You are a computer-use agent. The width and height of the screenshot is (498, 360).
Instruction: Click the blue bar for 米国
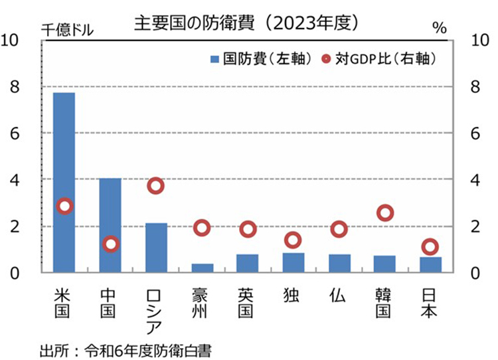[x=64, y=183]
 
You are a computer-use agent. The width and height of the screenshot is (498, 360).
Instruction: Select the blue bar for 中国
[x=110, y=226]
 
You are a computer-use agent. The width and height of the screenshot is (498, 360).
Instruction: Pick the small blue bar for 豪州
[x=202, y=268]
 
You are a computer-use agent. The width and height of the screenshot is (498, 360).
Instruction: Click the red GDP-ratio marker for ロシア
[x=156, y=186]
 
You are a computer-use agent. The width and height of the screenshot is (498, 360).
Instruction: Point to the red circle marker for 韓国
[x=385, y=213]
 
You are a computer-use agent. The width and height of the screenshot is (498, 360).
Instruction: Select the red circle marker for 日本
[x=430, y=246]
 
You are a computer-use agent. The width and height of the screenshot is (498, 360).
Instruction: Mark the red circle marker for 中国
[x=110, y=244]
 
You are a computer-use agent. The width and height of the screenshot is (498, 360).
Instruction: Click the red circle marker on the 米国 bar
[x=64, y=206]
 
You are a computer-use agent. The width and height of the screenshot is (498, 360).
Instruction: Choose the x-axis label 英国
[x=248, y=302]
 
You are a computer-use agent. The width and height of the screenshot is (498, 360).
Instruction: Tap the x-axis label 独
[x=293, y=294]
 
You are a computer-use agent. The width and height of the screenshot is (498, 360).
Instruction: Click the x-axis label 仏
[x=339, y=294]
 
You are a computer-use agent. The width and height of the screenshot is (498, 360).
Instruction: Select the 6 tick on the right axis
[x=475, y=134]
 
